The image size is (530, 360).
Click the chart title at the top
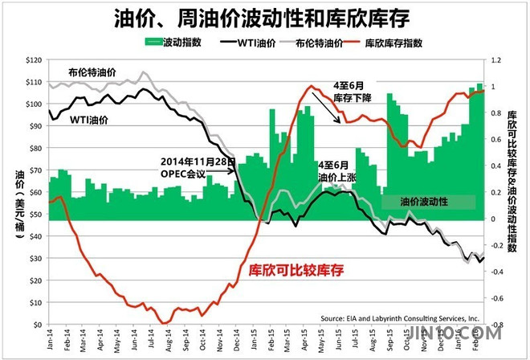[265, 17]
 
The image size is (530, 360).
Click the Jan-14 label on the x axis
[51, 342]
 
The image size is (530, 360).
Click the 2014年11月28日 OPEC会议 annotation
[196, 165]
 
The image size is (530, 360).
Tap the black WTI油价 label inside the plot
[91, 121]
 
